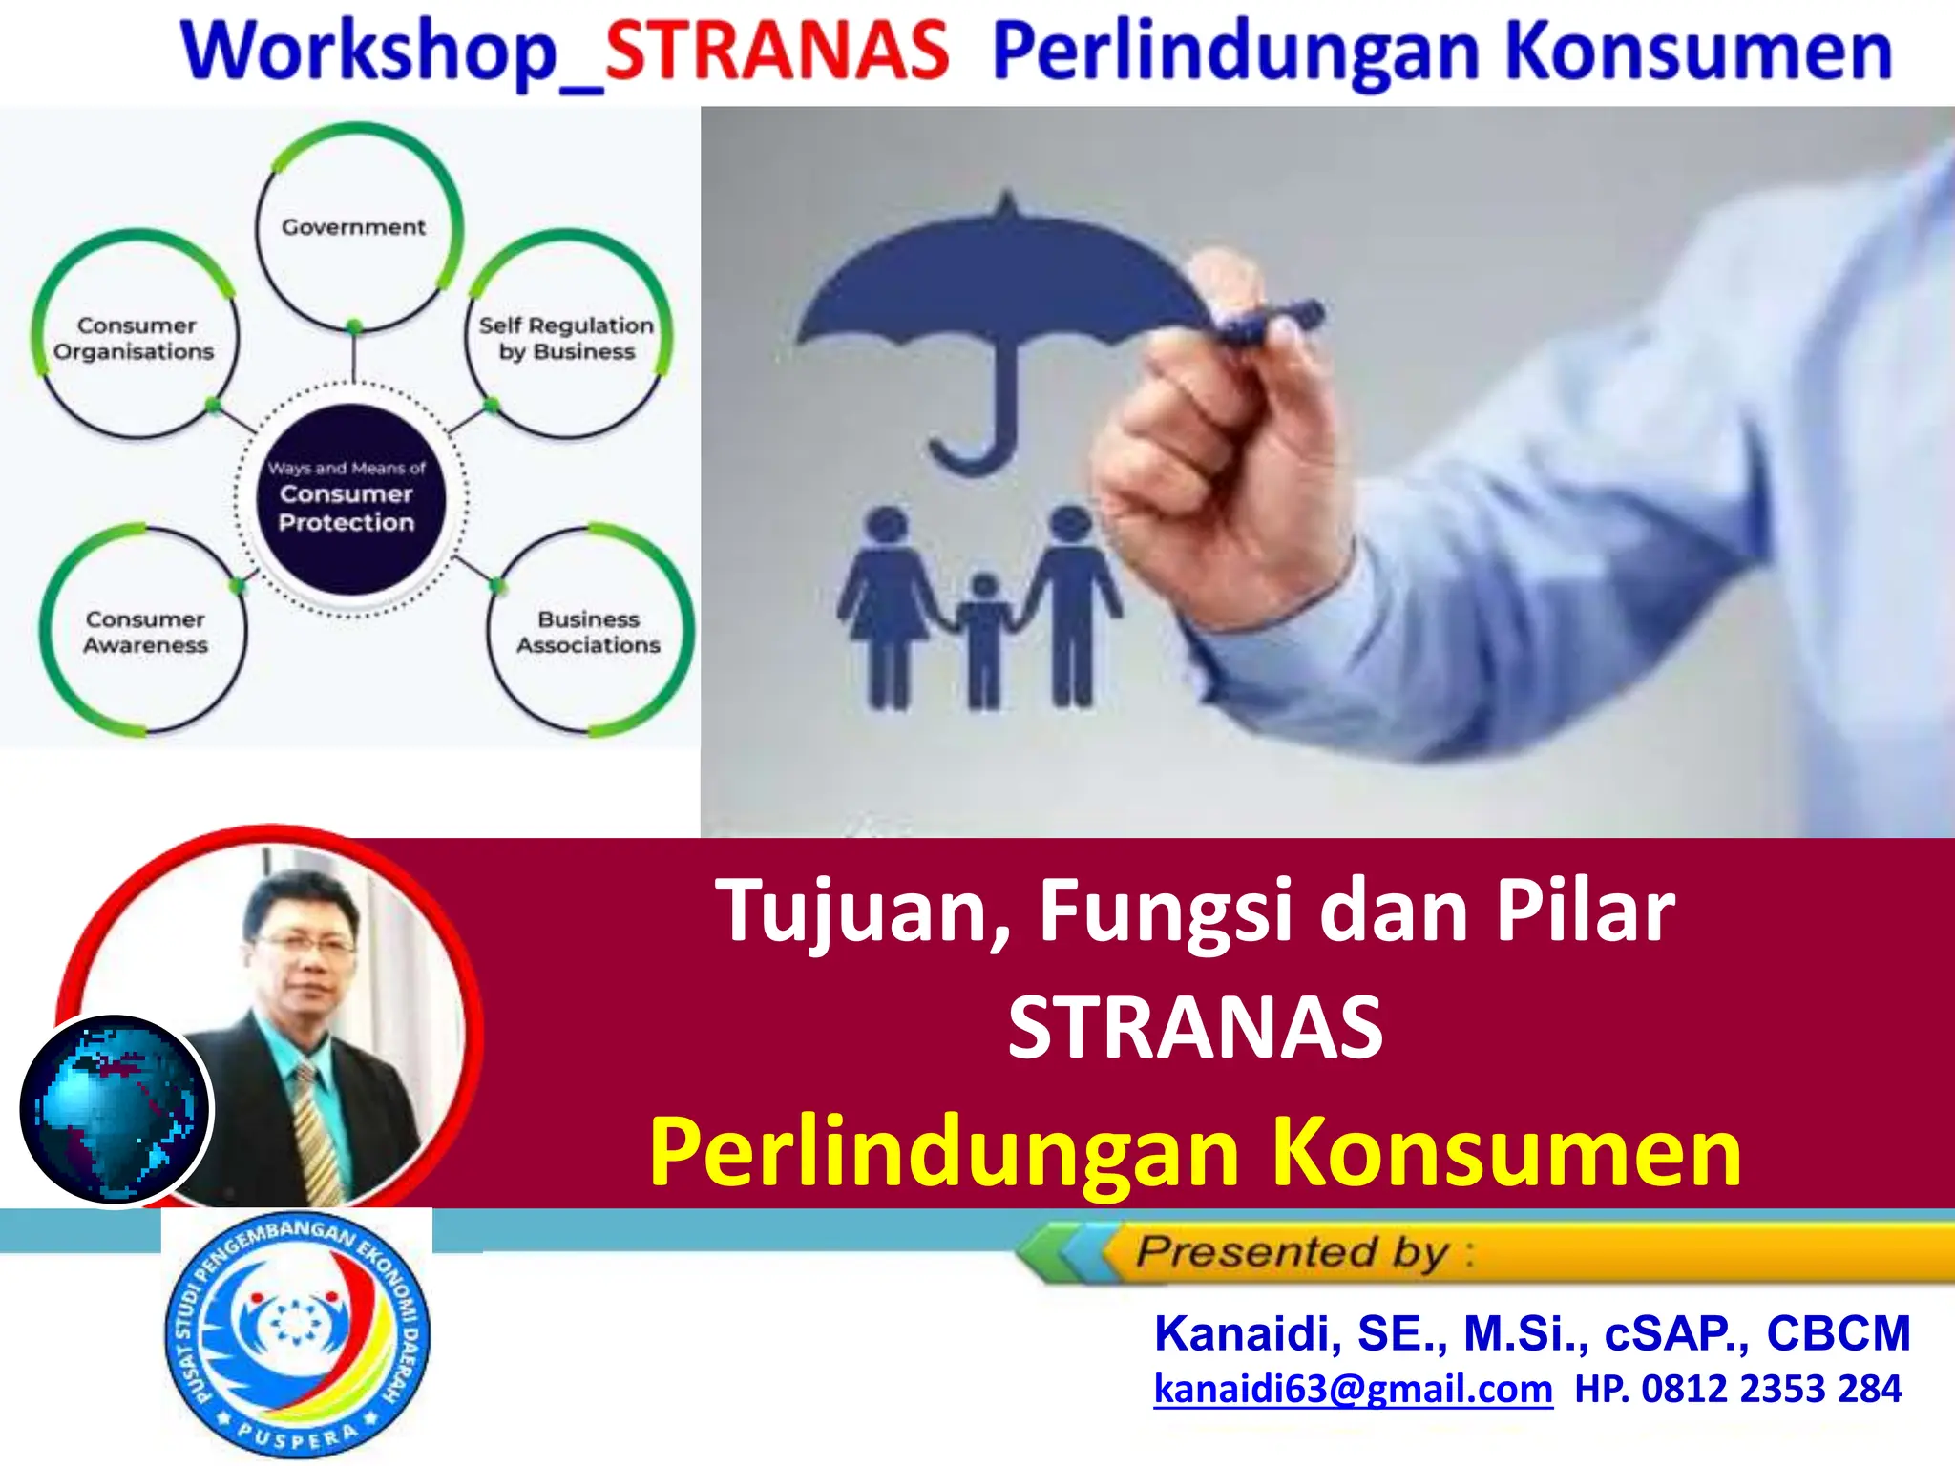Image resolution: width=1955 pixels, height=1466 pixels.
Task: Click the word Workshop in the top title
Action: pyautogui.click(x=368, y=53)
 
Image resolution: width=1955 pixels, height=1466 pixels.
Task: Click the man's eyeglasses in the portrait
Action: pyautogui.click(x=300, y=944)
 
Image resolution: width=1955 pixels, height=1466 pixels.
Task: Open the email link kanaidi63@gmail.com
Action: pyautogui.click(x=1354, y=1390)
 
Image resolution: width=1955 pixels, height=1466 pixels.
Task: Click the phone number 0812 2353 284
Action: pyautogui.click(x=1772, y=1389)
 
